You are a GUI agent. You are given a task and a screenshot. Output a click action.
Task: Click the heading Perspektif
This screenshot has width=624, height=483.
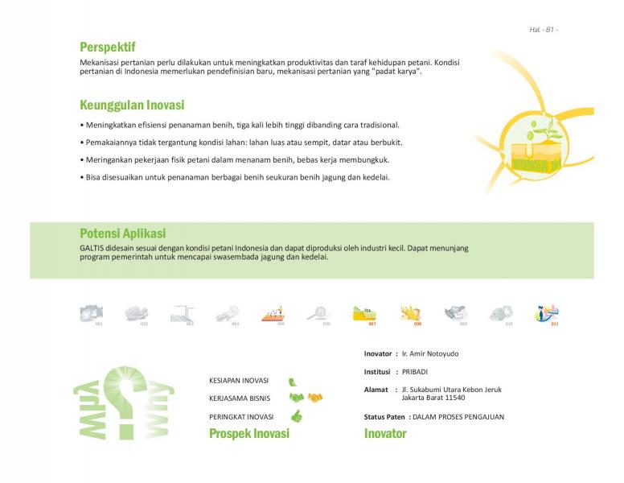[107, 47]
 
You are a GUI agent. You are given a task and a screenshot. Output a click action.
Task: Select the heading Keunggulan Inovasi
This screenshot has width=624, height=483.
[132, 105]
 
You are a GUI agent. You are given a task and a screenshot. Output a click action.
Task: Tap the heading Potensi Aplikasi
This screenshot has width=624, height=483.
[122, 233]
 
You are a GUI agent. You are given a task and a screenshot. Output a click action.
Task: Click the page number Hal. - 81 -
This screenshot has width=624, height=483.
[544, 30]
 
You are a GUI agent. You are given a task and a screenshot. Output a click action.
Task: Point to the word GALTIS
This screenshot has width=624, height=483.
[92, 248]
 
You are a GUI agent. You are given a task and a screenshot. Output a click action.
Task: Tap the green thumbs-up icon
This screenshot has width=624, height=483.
[296, 416]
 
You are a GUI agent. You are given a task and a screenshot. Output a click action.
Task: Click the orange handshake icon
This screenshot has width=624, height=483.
[315, 398]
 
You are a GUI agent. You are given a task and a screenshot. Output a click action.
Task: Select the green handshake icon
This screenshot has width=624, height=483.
[297, 398]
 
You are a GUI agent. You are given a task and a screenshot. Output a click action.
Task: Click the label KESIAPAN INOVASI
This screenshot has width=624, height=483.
[238, 380]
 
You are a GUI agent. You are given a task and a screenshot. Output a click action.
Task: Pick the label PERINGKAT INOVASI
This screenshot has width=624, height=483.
[241, 417]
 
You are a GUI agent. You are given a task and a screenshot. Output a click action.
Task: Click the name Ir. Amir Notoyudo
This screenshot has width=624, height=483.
[430, 353]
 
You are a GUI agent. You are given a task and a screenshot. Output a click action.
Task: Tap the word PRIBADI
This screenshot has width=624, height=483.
[415, 372]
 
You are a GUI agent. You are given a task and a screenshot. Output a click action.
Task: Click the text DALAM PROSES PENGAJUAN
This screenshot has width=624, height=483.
[458, 417]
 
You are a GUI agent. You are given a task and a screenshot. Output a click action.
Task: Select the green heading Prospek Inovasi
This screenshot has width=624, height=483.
[248, 434]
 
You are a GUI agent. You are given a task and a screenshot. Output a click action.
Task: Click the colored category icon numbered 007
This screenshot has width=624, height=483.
[364, 313]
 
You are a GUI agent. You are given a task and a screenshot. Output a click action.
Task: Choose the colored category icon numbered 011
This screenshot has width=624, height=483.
[548, 313]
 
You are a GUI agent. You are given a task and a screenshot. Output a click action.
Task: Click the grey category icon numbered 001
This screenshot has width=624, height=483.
[91, 313]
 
